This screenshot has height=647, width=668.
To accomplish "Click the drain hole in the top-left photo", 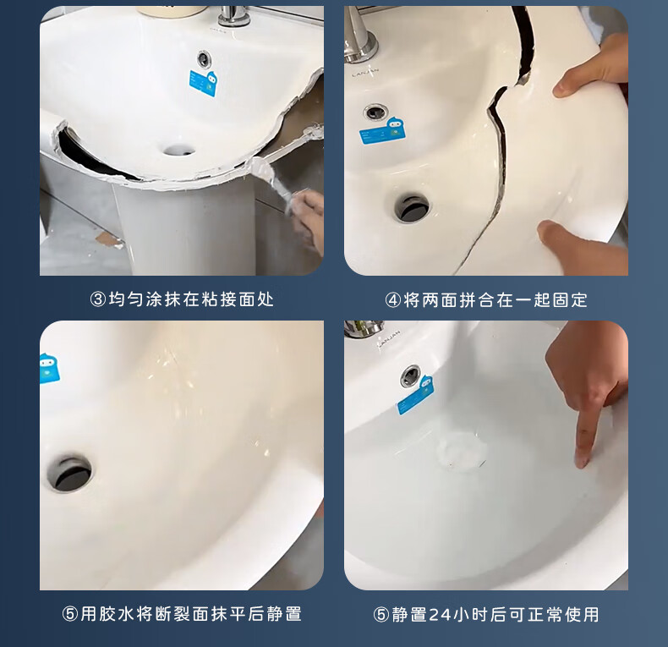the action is coord(179,150).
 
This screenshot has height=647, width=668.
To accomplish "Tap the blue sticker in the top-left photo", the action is coord(204,83).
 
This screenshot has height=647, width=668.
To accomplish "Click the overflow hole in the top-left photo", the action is coord(204,58).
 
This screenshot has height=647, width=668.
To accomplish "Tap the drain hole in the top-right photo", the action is coord(412,207).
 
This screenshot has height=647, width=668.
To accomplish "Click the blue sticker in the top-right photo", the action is coord(382,131).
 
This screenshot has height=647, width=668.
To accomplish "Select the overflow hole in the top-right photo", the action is coord(375,112).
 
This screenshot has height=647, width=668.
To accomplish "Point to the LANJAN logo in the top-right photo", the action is coord(365,72).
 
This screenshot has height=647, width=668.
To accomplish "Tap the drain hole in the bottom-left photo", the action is coord(69,473).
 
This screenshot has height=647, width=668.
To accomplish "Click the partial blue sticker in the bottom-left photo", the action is coord(49,368).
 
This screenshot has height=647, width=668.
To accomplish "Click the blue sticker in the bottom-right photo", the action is coord(416,395).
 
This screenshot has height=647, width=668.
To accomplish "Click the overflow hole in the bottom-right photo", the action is coord(411,376).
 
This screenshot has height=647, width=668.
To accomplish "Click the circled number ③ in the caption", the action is coord(98,299).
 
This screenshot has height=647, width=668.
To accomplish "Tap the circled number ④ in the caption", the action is coord(393,300).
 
